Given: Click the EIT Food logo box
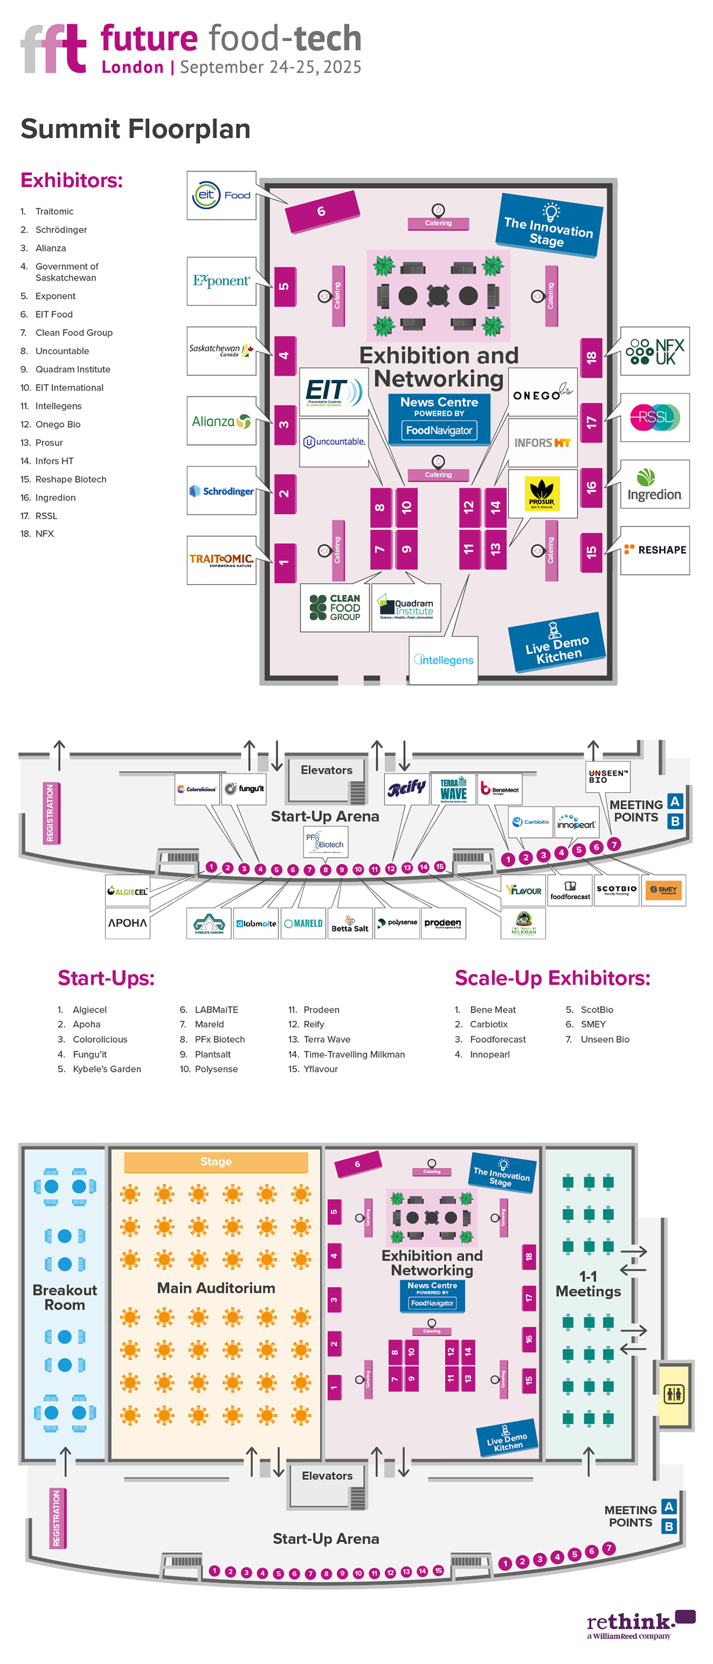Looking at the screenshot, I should [221, 195].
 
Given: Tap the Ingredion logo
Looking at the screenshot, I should [654, 484].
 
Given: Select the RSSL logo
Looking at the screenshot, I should [654, 418].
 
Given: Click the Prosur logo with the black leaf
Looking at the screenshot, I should [542, 493].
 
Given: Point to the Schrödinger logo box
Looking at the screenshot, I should [221, 491].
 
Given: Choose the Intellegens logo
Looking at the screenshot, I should [444, 660].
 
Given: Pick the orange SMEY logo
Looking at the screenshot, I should [663, 890].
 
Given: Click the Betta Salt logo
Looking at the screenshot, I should [350, 924].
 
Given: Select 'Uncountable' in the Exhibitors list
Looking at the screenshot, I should [62, 351].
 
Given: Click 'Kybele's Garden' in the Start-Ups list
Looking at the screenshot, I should [107, 1069].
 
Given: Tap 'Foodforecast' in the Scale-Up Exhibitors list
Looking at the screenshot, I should [497, 1039].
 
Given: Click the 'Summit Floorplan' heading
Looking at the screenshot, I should [136, 128].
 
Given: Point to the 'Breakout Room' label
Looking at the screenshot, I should [64, 1297].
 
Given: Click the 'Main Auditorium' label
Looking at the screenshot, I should [216, 1288].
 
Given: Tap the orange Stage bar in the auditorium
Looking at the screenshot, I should [216, 1162].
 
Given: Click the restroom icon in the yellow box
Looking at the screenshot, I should [674, 1394].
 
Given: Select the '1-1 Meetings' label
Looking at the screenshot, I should [588, 1284].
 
